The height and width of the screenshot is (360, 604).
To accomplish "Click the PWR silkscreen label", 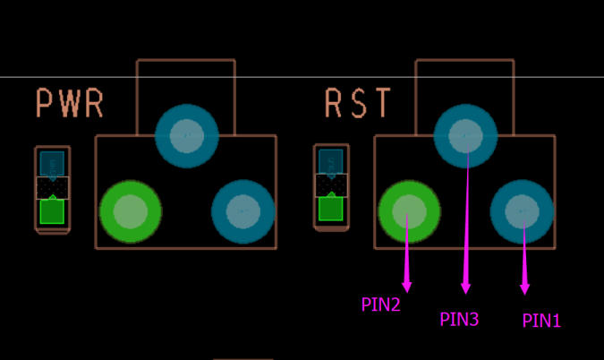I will (x=70, y=104).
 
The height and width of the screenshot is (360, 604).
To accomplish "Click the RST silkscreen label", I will (x=358, y=104).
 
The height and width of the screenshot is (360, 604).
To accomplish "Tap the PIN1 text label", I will (x=541, y=321).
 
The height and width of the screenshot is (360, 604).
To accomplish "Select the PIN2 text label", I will (x=380, y=304).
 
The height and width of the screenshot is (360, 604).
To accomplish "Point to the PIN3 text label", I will (x=459, y=319).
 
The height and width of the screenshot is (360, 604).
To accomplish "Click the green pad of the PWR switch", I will (x=131, y=212).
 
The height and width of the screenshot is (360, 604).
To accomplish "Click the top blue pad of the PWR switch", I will (x=187, y=135).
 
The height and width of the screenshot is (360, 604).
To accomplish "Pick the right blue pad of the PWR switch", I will (x=242, y=212).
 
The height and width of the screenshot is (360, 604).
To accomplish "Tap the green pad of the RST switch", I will (x=409, y=212).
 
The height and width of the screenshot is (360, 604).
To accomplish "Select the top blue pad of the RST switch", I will (x=465, y=135).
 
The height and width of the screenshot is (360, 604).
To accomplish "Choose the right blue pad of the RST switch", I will (x=522, y=212).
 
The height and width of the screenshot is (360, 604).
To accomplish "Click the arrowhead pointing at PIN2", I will (x=407, y=286).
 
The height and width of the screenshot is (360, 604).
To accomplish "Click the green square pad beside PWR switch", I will (x=52, y=212).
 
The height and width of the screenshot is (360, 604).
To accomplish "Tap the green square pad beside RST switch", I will (x=331, y=209).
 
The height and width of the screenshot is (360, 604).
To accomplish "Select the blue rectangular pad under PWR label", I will (x=53, y=163).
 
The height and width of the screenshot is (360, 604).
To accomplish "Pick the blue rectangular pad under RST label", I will (x=331, y=160).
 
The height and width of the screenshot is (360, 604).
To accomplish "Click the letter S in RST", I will (x=358, y=104).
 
